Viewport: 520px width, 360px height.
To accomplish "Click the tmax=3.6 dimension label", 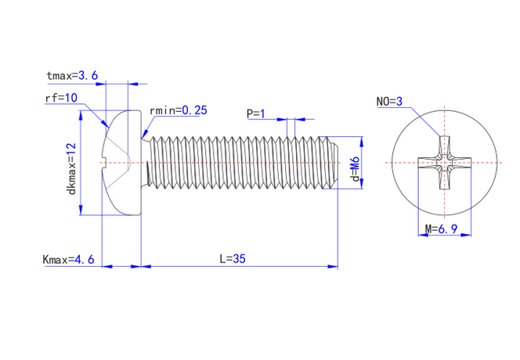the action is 72,76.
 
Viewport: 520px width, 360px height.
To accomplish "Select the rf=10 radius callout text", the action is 61,98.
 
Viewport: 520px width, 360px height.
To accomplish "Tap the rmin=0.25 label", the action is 179,110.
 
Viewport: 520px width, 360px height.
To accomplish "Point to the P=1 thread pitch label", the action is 256,113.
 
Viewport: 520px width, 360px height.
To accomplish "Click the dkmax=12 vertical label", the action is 71,169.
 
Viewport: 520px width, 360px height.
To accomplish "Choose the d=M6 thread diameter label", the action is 356,169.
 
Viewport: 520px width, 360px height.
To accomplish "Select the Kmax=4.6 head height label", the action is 68,259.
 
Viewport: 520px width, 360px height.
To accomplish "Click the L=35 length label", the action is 233,258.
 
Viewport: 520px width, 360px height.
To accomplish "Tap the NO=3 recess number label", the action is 389,102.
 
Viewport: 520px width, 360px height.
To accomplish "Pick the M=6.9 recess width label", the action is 442,229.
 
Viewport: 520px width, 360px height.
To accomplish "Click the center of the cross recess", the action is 444,163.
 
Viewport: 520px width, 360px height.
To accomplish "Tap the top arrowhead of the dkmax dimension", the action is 81,115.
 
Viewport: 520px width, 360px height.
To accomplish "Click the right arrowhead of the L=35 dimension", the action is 333,266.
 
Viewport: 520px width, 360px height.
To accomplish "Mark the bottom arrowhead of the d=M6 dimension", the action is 362,184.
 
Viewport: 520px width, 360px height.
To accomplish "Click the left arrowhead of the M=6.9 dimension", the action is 423,235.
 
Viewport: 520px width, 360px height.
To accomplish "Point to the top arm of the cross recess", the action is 444,146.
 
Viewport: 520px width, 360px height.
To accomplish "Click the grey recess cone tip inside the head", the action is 129,163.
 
